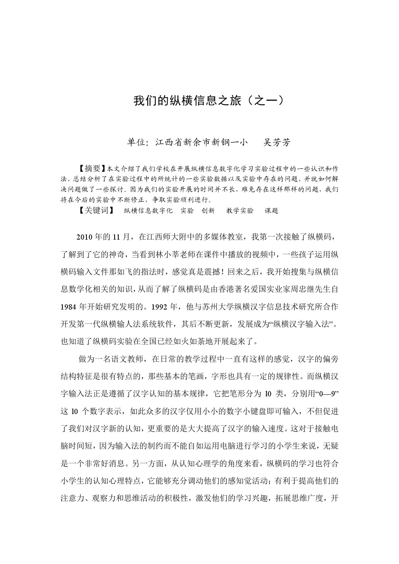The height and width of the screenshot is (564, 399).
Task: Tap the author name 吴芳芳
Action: (x=276, y=142)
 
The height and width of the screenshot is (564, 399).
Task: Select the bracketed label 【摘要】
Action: (x=89, y=168)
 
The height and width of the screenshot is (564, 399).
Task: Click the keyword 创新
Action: (x=208, y=210)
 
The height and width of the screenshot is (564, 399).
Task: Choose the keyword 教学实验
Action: (x=240, y=210)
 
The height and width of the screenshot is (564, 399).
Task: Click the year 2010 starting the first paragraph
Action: (x=84, y=237)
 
